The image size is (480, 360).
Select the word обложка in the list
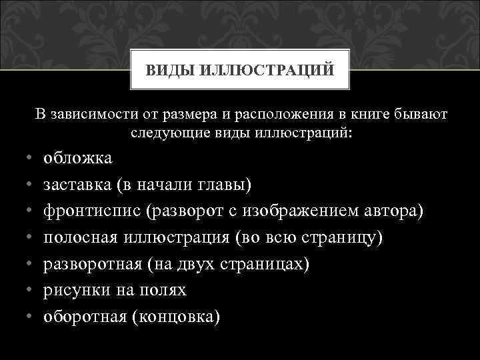(78, 158)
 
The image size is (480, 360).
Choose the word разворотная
(91, 265)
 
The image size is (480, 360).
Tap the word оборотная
(85, 317)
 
